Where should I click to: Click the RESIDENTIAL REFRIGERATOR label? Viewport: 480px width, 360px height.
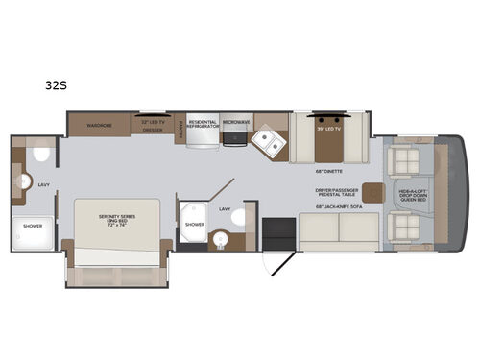(203, 125)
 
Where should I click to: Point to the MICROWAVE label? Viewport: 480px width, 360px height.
(236, 123)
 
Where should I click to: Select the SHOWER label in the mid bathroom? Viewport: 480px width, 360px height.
(195, 224)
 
